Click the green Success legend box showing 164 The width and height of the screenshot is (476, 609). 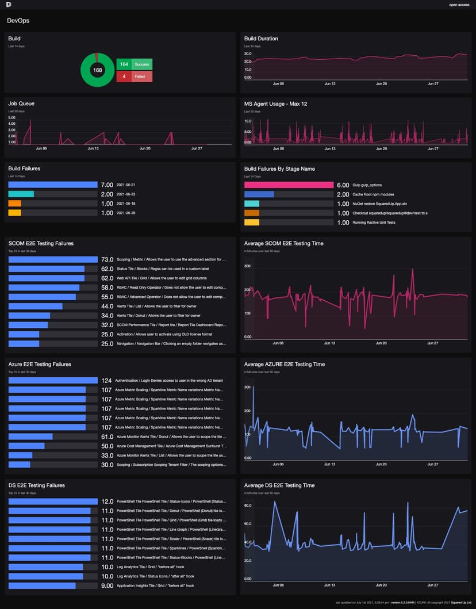[x=134, y=64]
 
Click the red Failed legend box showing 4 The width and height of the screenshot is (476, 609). [x=134, y=76]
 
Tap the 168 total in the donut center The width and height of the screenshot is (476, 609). [x=98, y=70]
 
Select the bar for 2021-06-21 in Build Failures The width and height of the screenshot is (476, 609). [x=53, y=185]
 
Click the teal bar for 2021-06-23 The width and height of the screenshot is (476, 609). [x=21, y=194]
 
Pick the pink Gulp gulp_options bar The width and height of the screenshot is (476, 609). [x=289, y=185]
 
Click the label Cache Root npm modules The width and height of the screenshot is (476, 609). [x=373, y=194]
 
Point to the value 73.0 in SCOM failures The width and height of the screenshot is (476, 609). [x=107, y=260]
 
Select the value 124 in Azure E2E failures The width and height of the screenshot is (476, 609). [x=106, y=381]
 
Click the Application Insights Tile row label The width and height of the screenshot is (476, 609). [x=155, y=585]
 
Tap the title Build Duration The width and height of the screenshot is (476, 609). [x=261, y=39]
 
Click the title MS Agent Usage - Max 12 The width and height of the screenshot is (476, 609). [x=275, y=104]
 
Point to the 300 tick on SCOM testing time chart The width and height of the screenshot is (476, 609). [x=248, y=266]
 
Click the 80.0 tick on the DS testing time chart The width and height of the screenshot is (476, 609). [x=248, y=505]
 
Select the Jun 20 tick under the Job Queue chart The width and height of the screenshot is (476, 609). [x=145, y=148]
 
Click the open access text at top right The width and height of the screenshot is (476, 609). [x=459, y=5]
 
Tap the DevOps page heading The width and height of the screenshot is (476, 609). [x=18, y=21]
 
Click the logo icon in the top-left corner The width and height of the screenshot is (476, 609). [x=9, y=5]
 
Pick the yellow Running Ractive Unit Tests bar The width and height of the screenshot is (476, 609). [x=252, y=222]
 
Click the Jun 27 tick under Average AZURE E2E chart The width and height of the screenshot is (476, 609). [x=432, y=464]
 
